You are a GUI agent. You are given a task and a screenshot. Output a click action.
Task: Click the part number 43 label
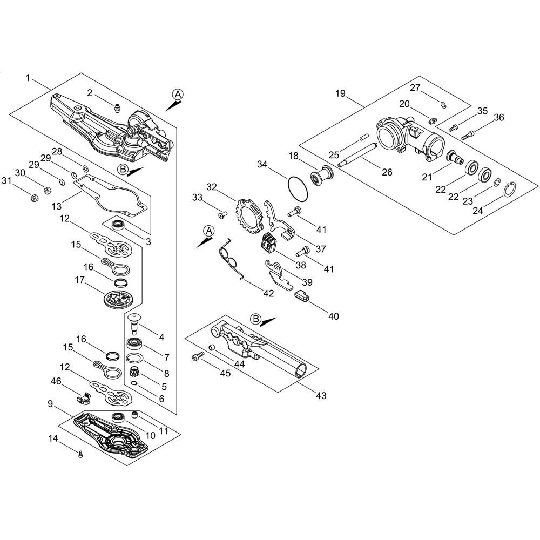[x=321, y=396]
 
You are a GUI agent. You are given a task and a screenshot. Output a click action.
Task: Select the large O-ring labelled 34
[x=298, y=189]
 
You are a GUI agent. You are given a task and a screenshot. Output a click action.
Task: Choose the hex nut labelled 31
[x=34, y=198]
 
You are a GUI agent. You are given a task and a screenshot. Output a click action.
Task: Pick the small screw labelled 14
[x=80, y=454]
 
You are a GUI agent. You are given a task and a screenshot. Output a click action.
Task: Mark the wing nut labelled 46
[x=84, y=398]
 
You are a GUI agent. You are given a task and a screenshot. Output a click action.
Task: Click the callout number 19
[x=340, y=93]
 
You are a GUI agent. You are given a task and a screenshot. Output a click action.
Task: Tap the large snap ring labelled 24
[x=511, y=191]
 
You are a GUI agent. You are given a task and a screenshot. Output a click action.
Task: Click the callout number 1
[x=28, y=78]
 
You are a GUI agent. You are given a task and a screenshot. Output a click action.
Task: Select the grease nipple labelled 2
[x=117, y=107]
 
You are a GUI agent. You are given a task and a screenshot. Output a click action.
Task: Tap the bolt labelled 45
[x=198, y=356]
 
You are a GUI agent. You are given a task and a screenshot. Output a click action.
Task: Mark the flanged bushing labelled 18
[x=321, y=176]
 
